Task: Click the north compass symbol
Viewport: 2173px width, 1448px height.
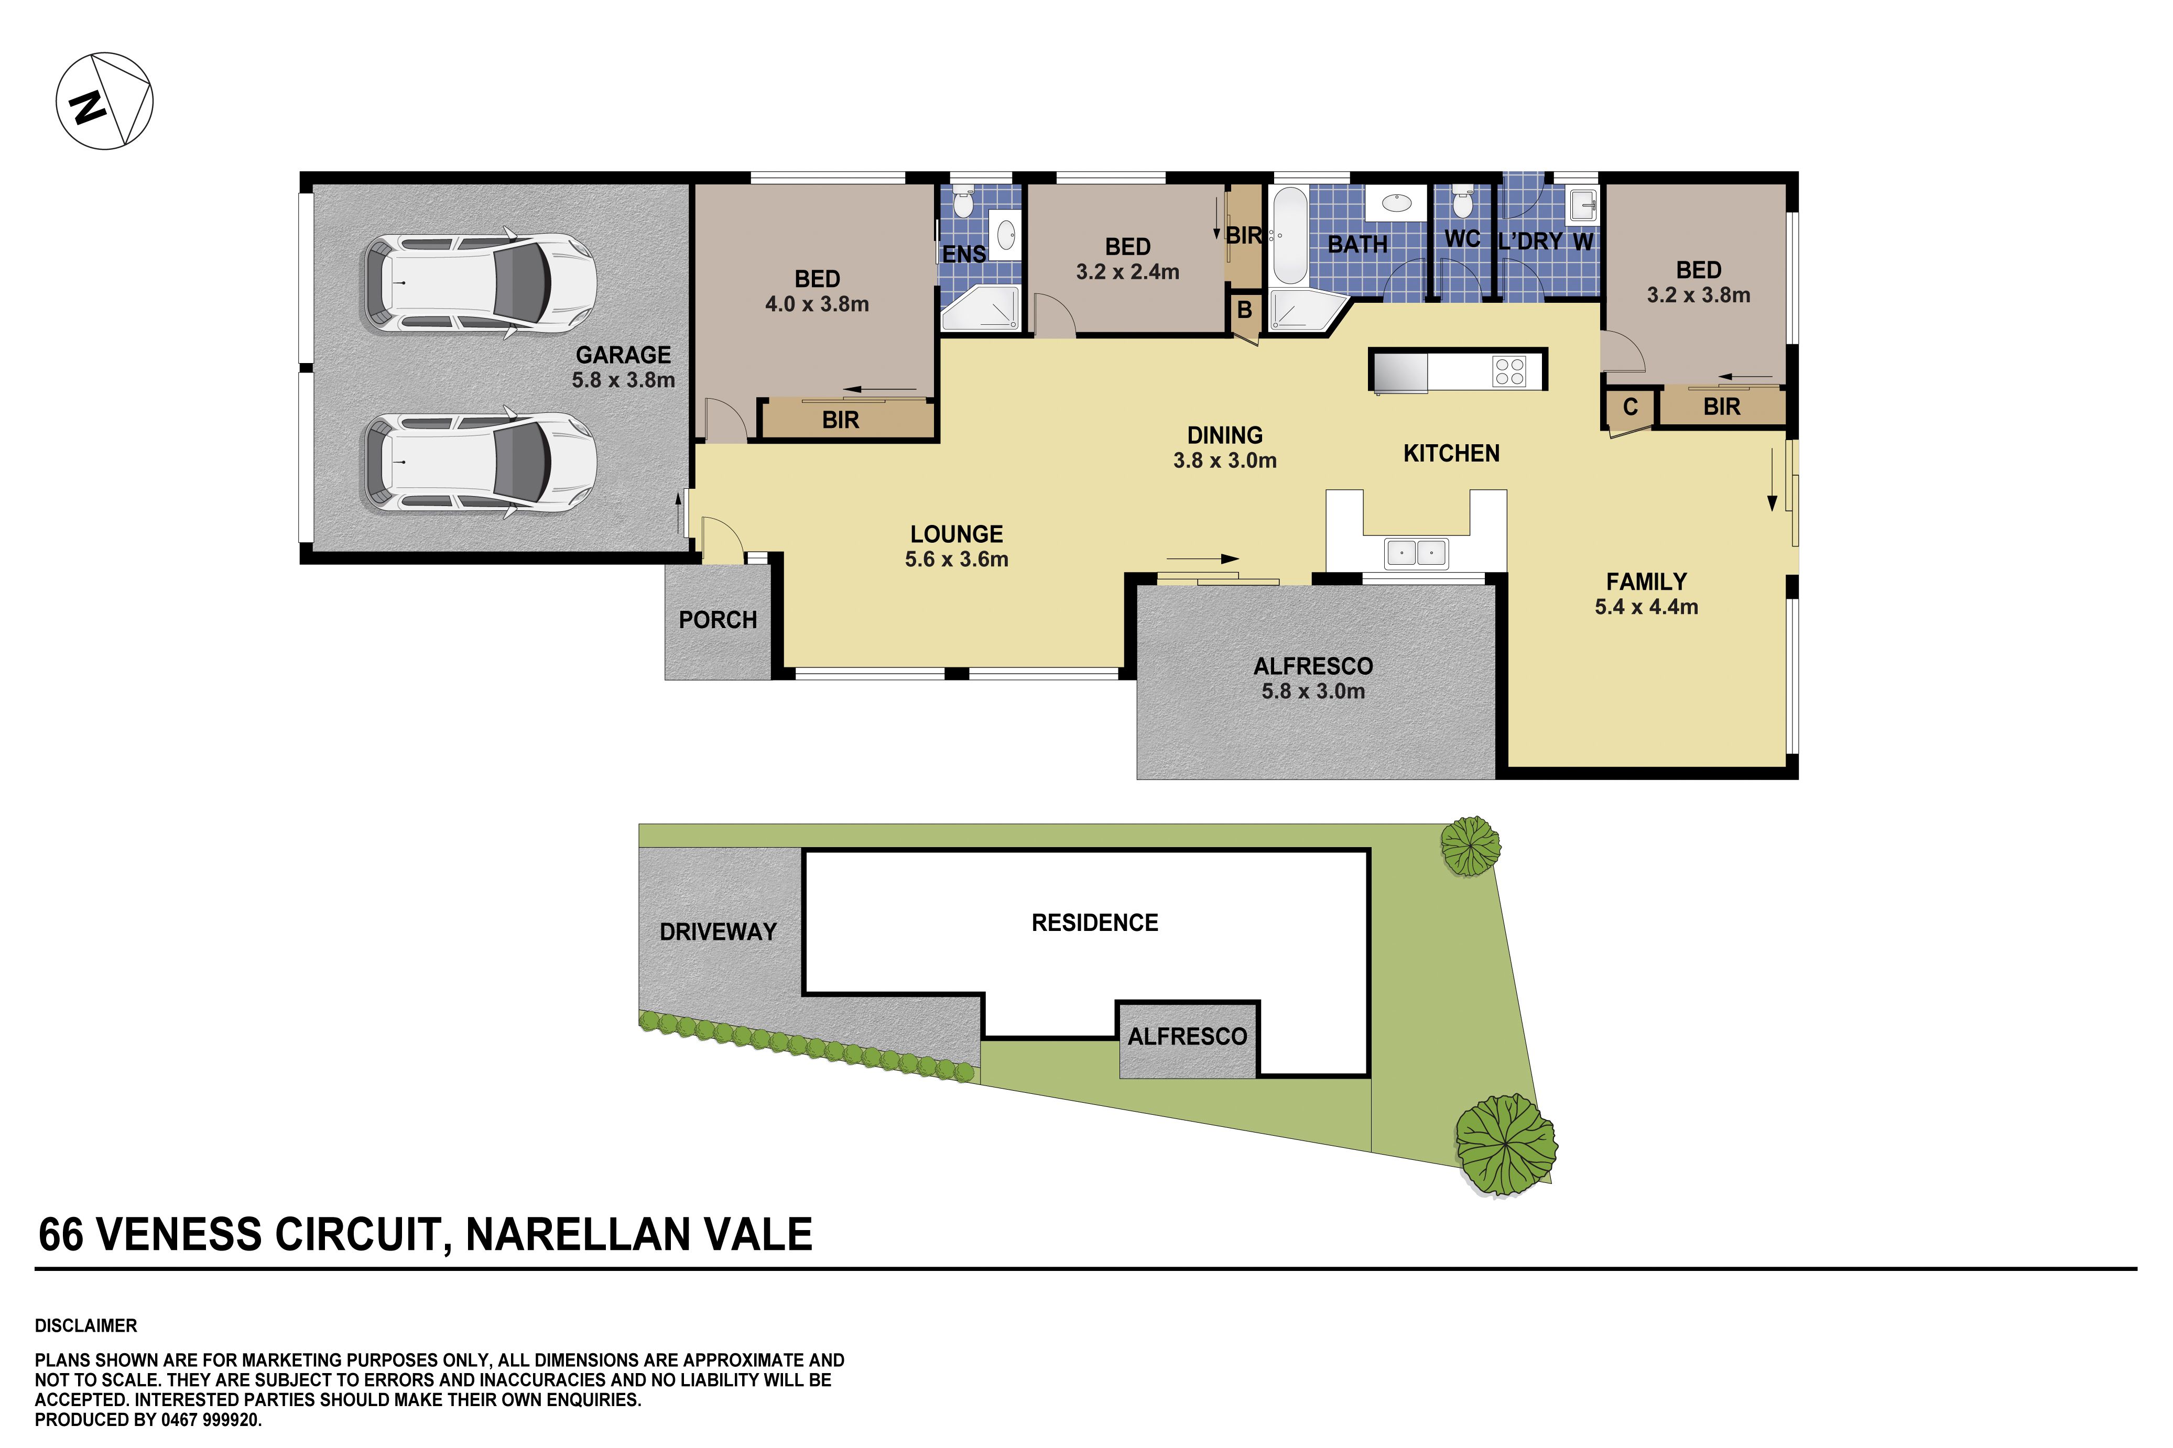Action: click(x=104, y=101)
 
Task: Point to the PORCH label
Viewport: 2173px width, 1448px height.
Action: click(x=718, y=620)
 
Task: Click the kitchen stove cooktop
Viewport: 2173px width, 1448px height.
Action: click(x=1509, y=371)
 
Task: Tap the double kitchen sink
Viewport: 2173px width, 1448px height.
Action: click(x=1416, y=553)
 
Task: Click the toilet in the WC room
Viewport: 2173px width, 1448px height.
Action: click(x=1462, y=201)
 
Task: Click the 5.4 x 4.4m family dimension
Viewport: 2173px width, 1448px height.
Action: click(x=1646, y=607)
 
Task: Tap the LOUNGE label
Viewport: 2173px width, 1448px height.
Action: click(x=956, y=534)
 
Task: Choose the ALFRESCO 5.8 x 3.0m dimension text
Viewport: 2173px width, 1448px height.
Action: click(x=1313, y=691)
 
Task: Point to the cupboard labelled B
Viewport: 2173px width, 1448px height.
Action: click(x=1244, y=310)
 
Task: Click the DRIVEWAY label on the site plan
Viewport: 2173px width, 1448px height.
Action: click(x=718, y=932)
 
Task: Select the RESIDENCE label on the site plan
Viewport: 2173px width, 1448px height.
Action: click(x=1095, y=923)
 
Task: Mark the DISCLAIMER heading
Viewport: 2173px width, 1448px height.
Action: click(x=86, y=1326)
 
